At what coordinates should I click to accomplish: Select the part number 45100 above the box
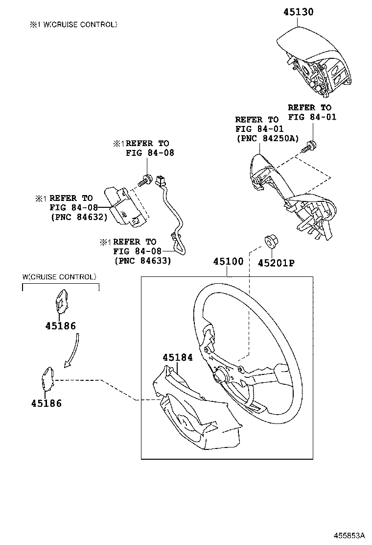pyautogui.click(x=228, y=262)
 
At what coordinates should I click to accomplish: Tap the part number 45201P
pyautogui.click(x=276, y=263)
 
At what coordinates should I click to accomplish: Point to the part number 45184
pyautogui.click(x=178, y=358)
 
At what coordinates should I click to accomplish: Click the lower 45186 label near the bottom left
pyautogui.click(x=46, y=403)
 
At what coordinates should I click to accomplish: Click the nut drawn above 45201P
pyautogui.click(x=270, y=242)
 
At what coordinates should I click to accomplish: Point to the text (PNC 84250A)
pyautogui.click(x=267, y=139)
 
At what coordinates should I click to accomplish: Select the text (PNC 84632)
pyautogui.click(x=78, y=217)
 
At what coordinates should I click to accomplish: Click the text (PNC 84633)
pyautogui.click(x=142, y=261)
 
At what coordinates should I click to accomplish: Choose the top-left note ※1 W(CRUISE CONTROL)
pyautogui.click(x=73, y=24)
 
